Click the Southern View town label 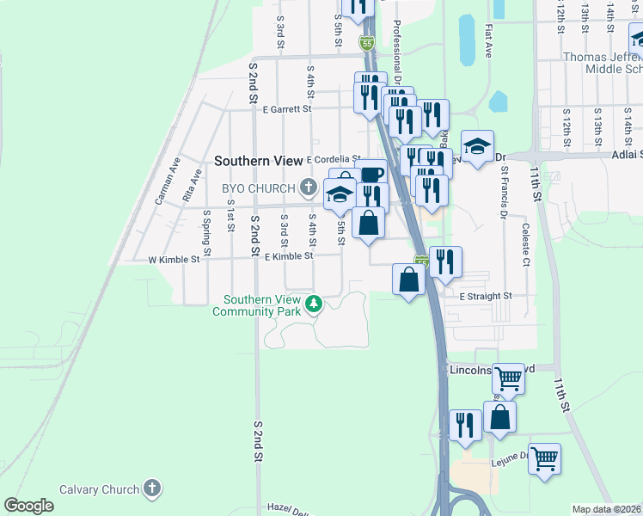(258, 161)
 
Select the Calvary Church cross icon (151, 489)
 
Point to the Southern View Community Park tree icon (315, 303)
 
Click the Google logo (29, 506)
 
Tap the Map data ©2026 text (606, 509)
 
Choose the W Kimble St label (174, 259)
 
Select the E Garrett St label (288, 109)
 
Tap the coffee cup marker (371, 175)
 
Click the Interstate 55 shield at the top (367, 42)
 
